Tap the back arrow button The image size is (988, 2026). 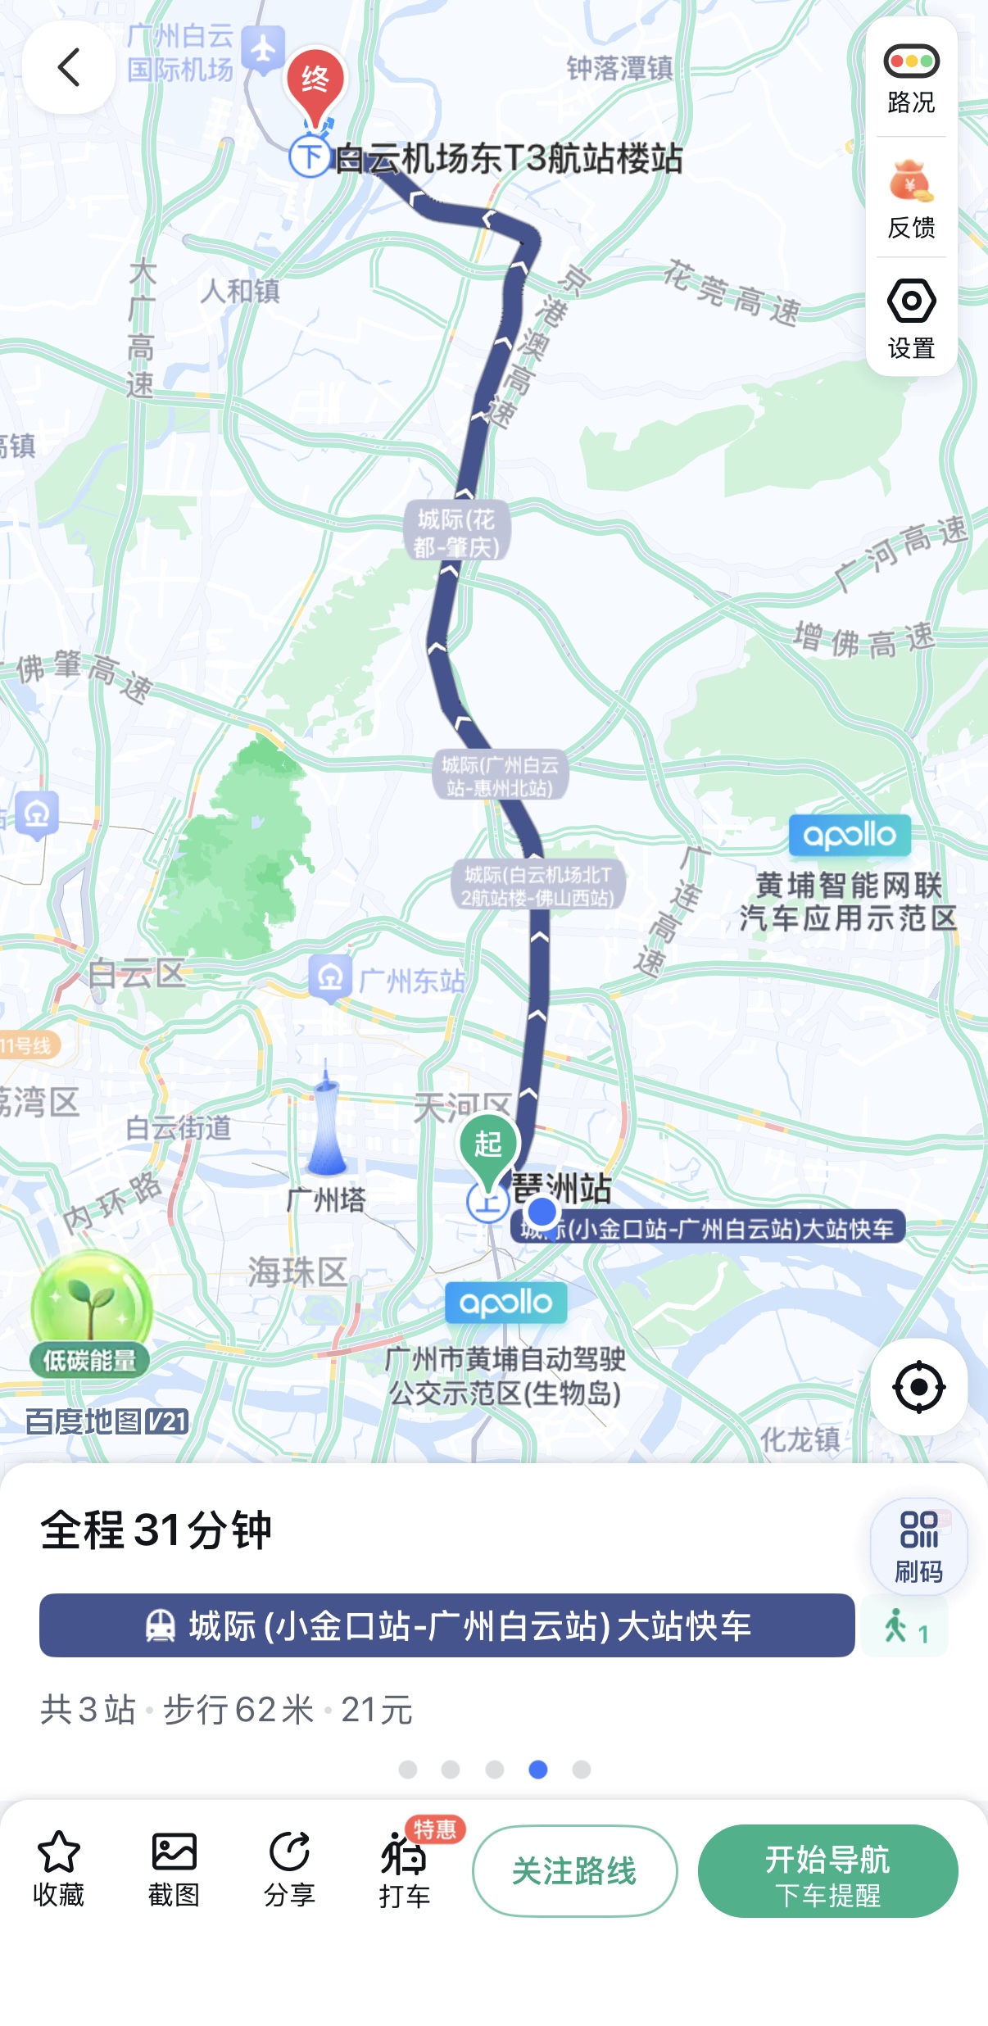[x=69, y=67]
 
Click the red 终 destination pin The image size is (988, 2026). [x=315, y=83]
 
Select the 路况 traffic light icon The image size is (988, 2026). [x=911, y=62]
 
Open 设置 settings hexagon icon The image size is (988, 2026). [x=911, y=301]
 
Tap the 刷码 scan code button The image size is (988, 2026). [x=918, y=1546]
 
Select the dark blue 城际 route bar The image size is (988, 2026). [x=446, y=1625]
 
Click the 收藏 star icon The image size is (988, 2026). [x=59, y=1852]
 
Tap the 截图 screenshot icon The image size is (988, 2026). [x=174, y=1852]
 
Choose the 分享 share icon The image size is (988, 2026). [x=289, y=1852]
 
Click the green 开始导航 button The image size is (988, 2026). [x=827, y=1870]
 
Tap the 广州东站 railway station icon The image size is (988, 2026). [x=330, y=977]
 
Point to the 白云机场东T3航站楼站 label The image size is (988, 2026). [x=508, y=158]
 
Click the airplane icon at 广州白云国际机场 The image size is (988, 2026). [x=263, y=49]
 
